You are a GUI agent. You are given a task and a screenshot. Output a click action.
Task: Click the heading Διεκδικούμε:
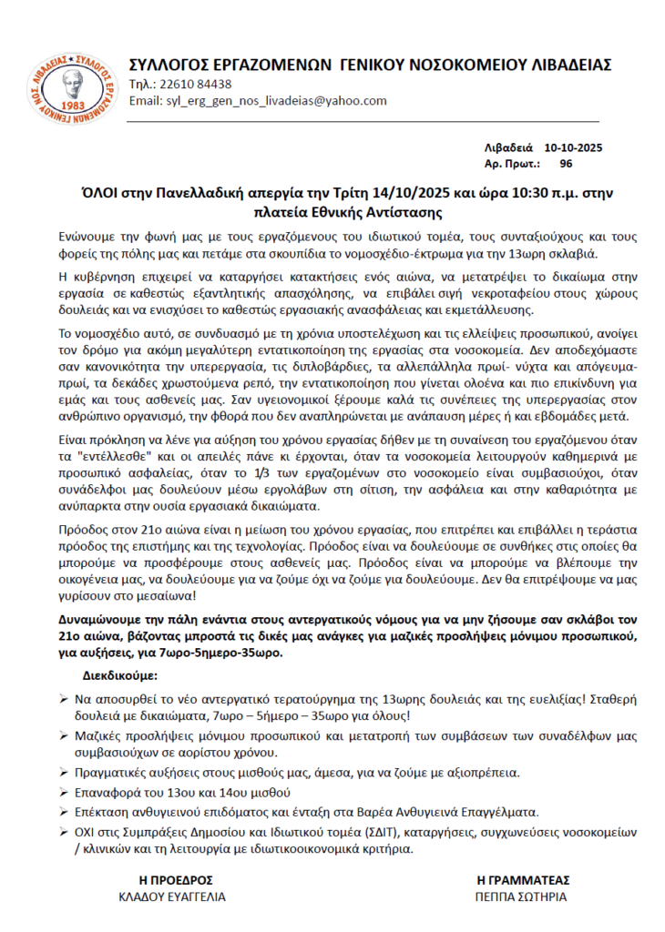(119, 677)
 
